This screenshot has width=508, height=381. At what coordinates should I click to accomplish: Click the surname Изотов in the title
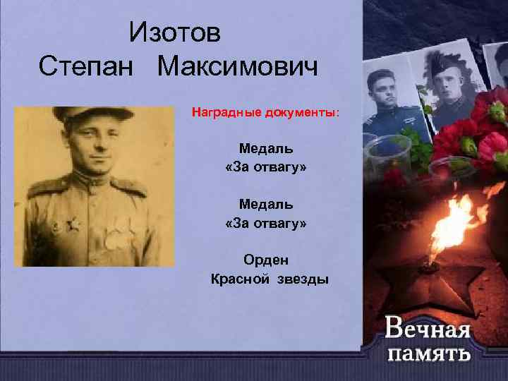175,32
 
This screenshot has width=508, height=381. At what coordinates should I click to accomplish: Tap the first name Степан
84,68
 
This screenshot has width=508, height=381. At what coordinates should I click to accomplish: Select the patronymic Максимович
238,68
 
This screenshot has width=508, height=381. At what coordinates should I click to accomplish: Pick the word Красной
236,279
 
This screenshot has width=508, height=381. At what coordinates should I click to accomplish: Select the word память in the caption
428,352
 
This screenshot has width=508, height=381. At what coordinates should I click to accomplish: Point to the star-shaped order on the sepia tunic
71,226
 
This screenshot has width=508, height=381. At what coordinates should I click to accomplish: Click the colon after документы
337,113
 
